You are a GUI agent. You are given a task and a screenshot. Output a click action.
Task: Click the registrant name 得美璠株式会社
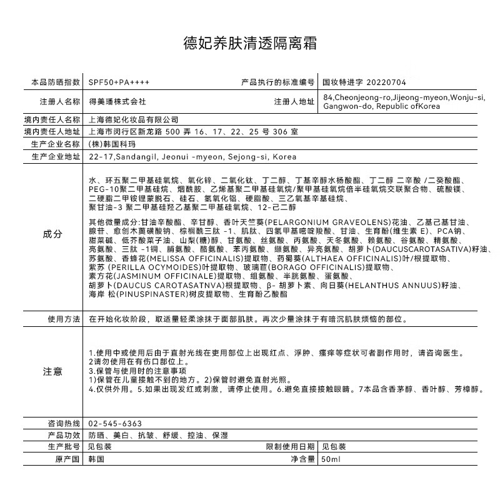pyautogui.click(x=117, y=101)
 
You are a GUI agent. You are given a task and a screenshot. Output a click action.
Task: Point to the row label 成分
pyautogui.click(x=52, y=234)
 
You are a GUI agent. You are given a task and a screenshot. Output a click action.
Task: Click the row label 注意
pyautogui.click(x=52, y=371)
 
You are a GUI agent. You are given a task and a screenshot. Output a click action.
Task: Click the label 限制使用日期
pyautogui.click(x=290, y=447)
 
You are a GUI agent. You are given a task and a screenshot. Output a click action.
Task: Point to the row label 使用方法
pyautogui.click(x=64, y=319)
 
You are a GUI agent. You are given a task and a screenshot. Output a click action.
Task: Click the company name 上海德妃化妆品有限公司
pyautogui.click(x=134, y=119)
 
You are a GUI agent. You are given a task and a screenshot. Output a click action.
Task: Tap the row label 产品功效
pyautogui.click(x=64, y=435)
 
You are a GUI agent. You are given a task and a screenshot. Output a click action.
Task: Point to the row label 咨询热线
pyautogui.click(x=64, y=423)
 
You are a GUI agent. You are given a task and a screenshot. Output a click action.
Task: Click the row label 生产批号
pyautogui.click(x=64, y=447)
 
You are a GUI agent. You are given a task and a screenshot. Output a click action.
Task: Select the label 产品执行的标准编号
pyautogui.click(x=277, y=82)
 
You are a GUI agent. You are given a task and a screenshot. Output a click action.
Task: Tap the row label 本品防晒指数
pyautogui.click(x=56, y=82)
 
